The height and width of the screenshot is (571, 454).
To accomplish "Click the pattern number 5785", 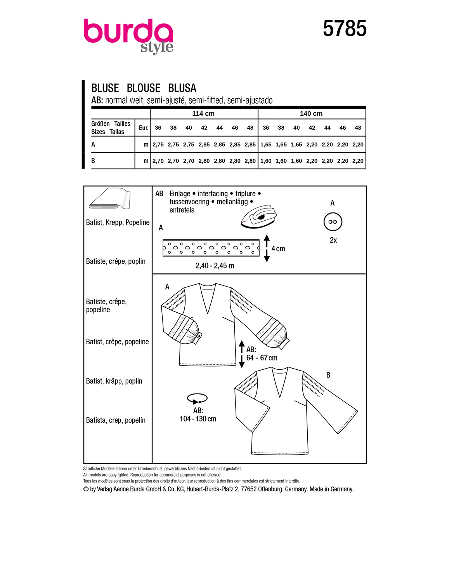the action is (345, 28).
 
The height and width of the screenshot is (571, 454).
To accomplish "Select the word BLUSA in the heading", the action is (182, 88).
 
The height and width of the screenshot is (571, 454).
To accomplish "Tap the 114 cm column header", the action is (203, 113).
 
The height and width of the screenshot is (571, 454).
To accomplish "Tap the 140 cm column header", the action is (311, 113).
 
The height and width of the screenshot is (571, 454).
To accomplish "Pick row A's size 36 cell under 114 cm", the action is (158, 144).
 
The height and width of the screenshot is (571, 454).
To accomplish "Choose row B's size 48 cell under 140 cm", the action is (358, 161).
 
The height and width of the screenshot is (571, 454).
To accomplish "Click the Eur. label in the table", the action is (144, 128).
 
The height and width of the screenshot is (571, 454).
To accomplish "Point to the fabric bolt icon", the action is (109, 198).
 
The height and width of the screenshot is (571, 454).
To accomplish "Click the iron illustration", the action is (259, 216).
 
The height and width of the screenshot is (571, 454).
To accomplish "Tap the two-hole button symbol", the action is (333, 222).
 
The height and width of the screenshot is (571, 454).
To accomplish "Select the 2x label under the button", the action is (333, 240).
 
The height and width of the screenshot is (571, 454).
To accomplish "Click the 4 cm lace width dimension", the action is (278, 249).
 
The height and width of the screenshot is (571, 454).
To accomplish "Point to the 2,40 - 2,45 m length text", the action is (215, 266).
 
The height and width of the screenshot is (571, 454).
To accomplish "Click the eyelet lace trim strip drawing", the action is (211, 248).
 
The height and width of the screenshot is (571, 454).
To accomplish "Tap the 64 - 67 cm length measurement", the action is (262, 358).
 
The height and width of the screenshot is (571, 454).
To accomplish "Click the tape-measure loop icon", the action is (197, 399).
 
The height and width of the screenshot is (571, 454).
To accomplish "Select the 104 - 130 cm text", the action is (198, 419).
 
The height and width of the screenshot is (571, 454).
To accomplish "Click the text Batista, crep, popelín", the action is (116, 420).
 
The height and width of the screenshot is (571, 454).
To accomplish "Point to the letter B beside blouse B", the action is (328, 375).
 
